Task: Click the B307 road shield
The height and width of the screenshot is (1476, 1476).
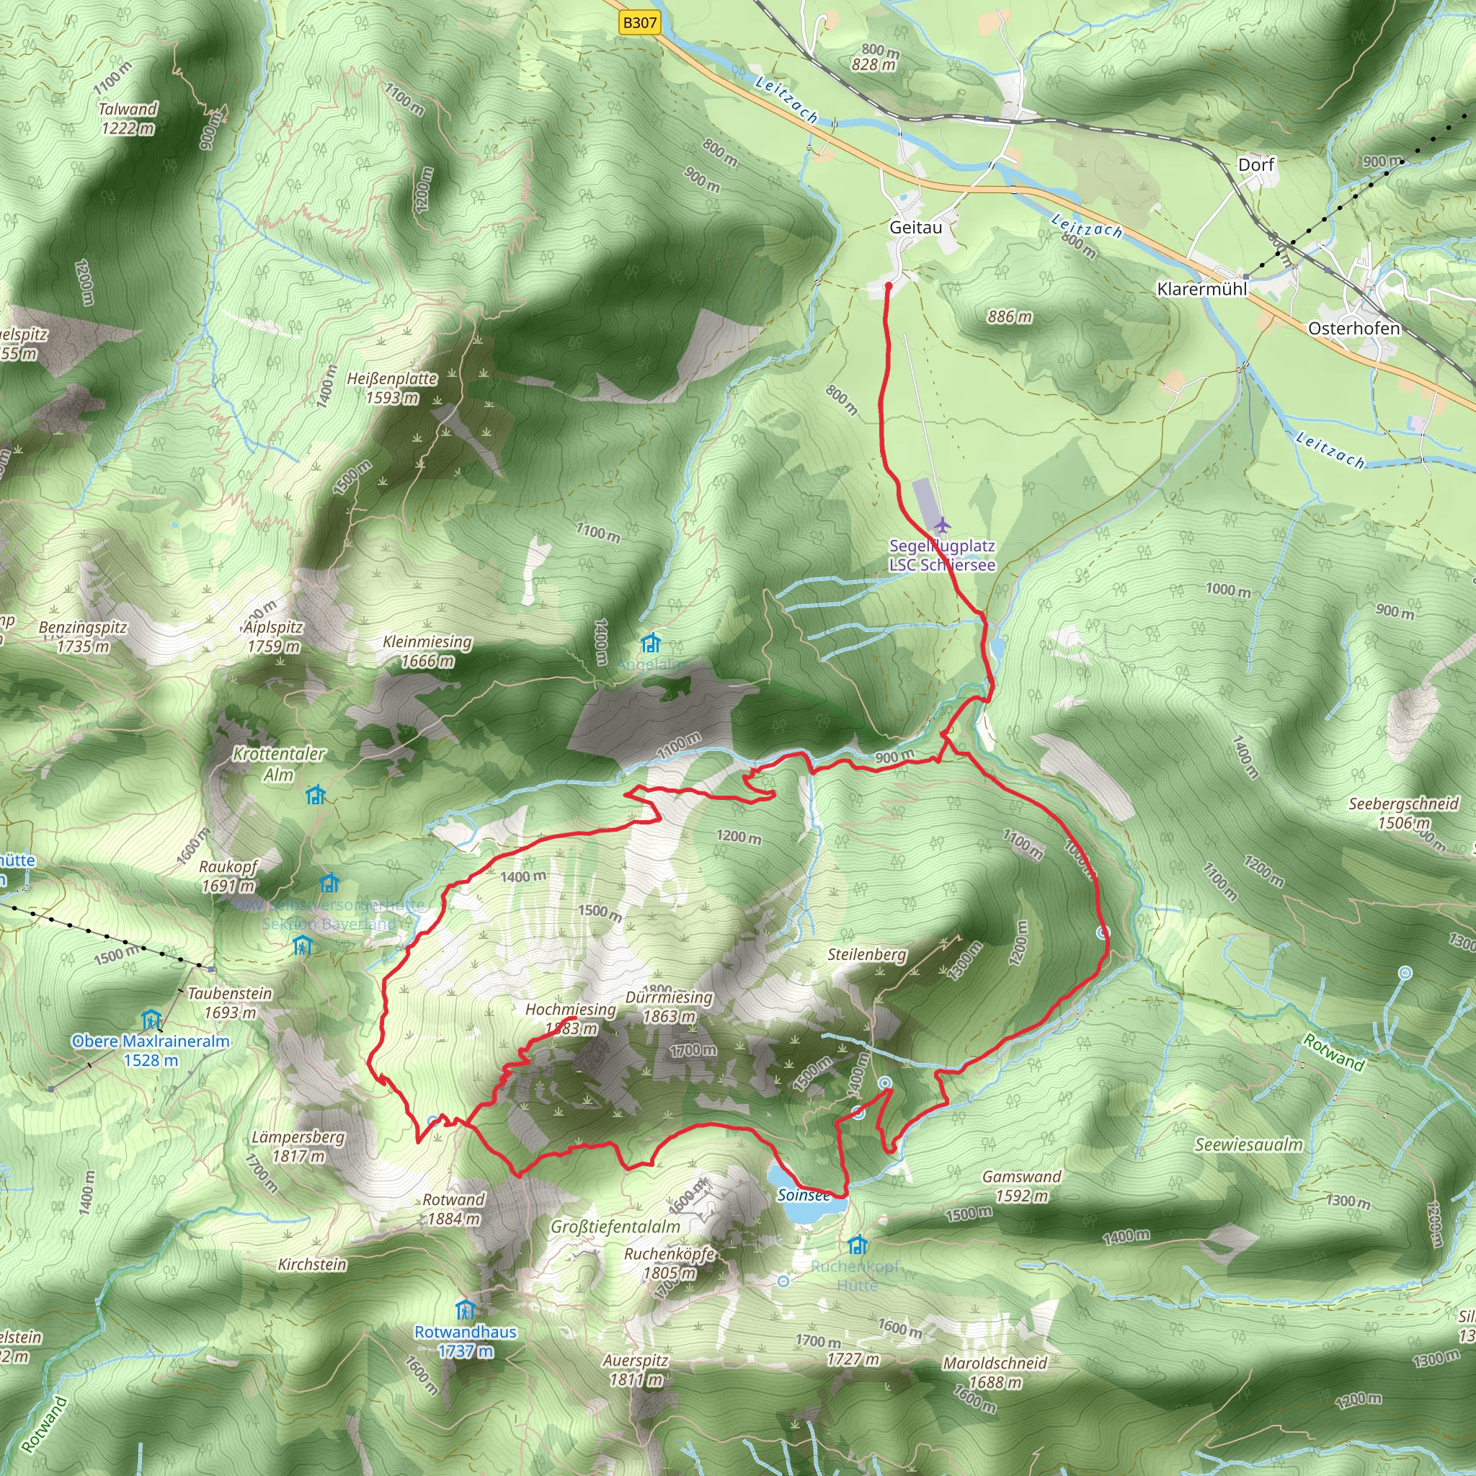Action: (639, 23)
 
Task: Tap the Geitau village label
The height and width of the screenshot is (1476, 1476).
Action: (915, 228)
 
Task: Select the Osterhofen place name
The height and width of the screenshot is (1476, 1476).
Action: (1353, 329)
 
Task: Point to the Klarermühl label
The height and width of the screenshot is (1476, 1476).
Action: (1201, 289)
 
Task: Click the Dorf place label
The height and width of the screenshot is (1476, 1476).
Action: (1256, 165)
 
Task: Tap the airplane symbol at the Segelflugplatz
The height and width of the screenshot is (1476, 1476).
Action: (942, 525)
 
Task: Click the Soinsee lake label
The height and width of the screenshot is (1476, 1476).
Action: (804, 1195)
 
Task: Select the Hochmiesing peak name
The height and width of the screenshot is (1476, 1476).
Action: (570, 1009)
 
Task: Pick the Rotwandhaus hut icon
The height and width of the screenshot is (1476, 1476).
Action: (465, 1310)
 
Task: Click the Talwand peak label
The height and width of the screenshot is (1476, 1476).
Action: (128, 110)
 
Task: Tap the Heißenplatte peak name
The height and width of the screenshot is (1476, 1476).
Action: (392, 379)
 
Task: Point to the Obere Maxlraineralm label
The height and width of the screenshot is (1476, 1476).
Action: (151, 1041)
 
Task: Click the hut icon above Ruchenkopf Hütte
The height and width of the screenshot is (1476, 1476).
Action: (857, 1245)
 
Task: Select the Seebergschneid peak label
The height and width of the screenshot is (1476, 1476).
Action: (1402, 804)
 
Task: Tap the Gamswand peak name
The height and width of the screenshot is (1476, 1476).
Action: (1021, 1176)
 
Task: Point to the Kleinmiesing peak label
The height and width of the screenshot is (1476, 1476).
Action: (427, 642)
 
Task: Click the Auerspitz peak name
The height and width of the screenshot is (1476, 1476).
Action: (635, 1361)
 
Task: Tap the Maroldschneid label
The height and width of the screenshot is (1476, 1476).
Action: (995, 1363)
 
